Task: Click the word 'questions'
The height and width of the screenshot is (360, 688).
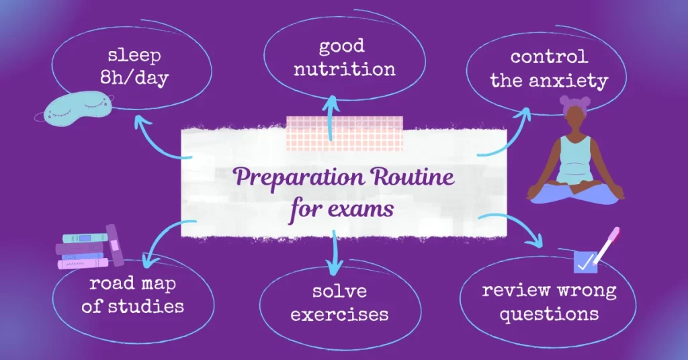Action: [548, 313]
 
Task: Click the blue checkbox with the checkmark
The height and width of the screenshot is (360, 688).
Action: [585, 262]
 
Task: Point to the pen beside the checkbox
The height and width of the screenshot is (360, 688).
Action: [607, 244]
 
